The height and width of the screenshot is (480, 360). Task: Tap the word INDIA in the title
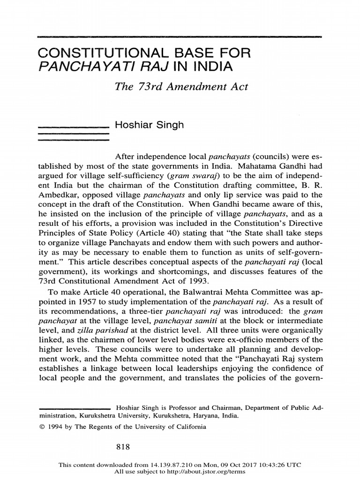210,67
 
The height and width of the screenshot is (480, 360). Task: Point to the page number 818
123,447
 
